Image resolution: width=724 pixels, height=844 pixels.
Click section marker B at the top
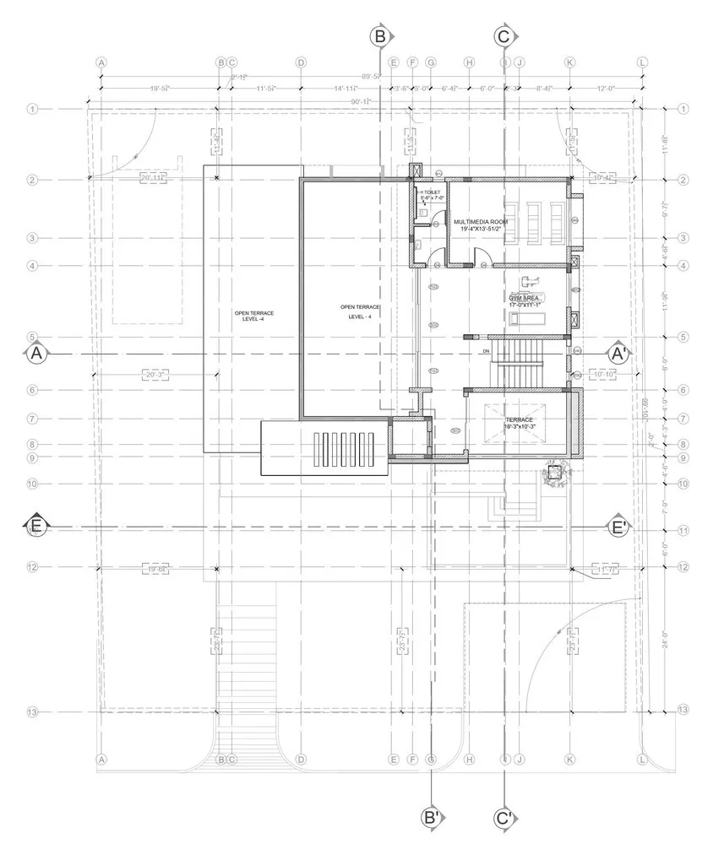pos(380,36)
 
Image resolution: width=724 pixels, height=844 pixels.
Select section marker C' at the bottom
pos(504,817)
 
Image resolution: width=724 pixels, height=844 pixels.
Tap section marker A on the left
pos(36,354)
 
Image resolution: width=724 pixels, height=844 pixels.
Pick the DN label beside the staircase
pos(487,350)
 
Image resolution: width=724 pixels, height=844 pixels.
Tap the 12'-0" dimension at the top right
pos(606,87)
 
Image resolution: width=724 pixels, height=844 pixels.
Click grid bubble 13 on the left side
pos(33,712)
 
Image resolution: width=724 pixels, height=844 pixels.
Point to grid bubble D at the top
pos(301,62)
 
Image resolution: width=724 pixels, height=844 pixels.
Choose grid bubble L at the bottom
pos(643,759)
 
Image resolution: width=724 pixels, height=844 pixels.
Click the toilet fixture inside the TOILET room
pos(422,211)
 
